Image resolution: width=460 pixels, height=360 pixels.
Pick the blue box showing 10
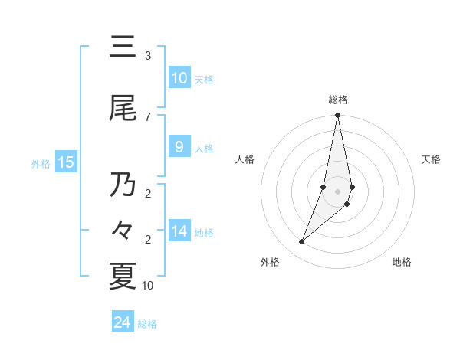click(x=179, y=78)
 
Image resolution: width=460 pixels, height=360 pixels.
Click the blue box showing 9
click(x=179, y=147)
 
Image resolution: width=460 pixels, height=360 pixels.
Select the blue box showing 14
click(x=179, y=231)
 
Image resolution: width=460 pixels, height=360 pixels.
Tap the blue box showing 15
click(x=66, y=162)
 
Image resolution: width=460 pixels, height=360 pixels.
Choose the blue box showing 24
click(x=123, y=322)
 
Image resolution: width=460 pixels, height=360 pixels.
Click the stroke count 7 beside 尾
click(x=148, y=116)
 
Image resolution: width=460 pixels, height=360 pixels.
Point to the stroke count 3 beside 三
click(x=148, y=56)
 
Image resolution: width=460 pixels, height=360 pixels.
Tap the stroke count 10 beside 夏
click(x=148, y=286)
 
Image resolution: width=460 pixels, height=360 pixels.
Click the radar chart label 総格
click(x=338, y=100)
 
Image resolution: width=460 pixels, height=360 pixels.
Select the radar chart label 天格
click(x=431, y=159)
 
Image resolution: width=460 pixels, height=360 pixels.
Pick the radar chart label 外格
click(x=270, y=262)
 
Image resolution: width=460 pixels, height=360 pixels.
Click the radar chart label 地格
click(x=402, y=262)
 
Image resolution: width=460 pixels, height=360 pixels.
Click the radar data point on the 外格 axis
click(x=302, y=241)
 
